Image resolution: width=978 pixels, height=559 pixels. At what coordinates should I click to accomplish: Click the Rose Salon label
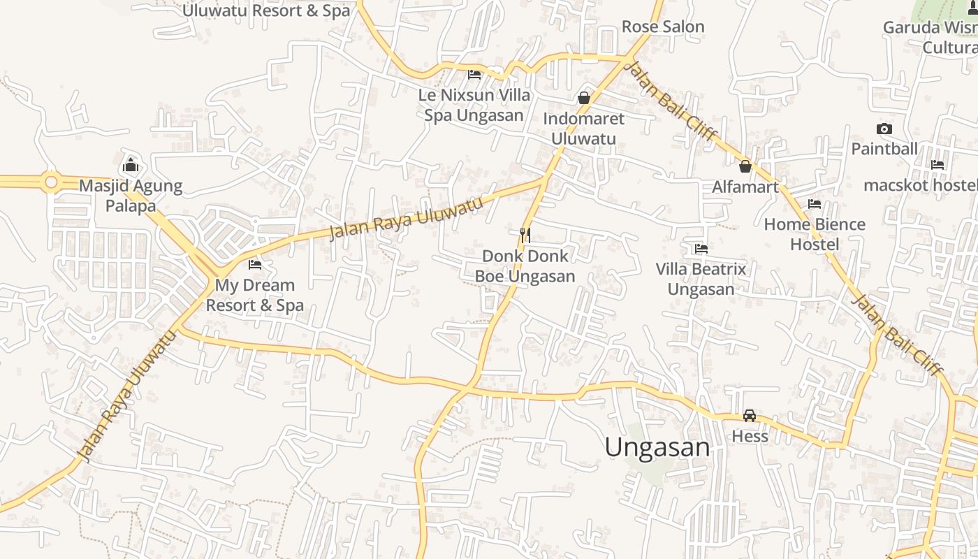[x=663, y=27]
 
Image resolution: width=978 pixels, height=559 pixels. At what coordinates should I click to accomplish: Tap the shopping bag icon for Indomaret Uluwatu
[x=584, y=98]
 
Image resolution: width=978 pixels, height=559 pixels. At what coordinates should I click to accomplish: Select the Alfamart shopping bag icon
[x=745, y=166]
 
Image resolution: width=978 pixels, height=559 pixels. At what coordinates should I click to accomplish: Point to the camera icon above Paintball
[x=884, y=129]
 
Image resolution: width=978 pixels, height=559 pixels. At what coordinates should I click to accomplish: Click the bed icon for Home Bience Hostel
[x=814, y=204]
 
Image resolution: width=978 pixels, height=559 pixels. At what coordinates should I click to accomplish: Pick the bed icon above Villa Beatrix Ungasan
[x=701, y=249]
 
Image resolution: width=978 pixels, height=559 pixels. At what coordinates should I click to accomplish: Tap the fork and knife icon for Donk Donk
[x=525, y=235]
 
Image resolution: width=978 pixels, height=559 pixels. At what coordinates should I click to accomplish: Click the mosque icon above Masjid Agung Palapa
[x=130, y=166]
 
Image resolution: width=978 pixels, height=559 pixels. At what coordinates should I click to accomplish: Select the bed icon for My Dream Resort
[x=255, y=265]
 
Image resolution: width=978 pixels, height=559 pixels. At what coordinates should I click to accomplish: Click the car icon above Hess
[x=750, y=416]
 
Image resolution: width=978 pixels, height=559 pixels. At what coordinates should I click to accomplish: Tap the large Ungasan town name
[x=657, y=447]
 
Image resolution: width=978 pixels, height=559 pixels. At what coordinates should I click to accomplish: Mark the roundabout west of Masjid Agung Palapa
[x=50, y=183]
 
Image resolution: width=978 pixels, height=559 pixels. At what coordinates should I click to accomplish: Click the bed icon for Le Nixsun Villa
[x=474, y=74]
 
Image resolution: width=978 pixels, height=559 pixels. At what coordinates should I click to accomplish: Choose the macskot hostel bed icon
[x=937, y=165]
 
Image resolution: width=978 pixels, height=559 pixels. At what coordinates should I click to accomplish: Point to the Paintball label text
[x=884, y=149]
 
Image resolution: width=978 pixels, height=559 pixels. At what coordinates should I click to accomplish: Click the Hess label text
[x=750, y=437]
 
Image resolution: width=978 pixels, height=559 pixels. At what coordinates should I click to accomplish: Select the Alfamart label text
[x=745, y=187]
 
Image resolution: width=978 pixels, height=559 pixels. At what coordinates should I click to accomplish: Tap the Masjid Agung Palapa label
[x=131, y=196]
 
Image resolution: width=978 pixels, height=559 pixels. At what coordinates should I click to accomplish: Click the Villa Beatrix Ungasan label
[x=701, y=279]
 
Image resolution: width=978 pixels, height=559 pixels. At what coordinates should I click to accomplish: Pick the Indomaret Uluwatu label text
[x=583, y=128]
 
